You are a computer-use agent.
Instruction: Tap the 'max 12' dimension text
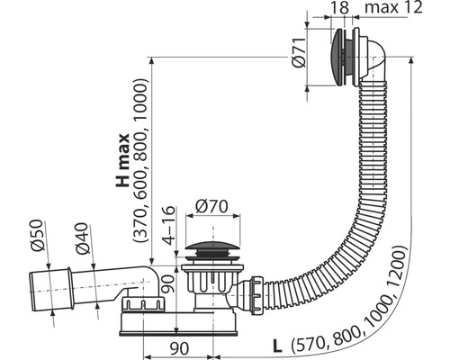point(393,7)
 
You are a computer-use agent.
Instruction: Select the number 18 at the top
point(340,7)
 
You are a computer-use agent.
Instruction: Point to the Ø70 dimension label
point(211,206)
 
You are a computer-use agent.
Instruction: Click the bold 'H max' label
point(122,160)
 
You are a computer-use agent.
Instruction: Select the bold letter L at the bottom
point(277,346)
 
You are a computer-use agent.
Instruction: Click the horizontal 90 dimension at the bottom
point(179,348)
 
